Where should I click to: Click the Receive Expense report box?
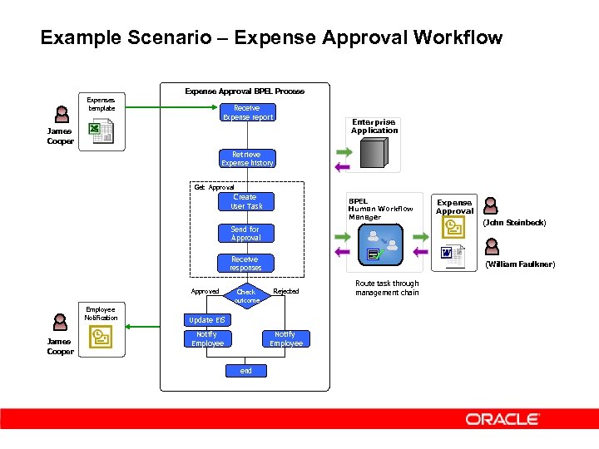(x=246, y=112)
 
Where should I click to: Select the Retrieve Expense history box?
(x=246, y=159)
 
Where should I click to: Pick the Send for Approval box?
(x=245, y=234)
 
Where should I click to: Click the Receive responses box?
(x=245, y=264)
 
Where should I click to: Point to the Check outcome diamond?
(x=246, y=293)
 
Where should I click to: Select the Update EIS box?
(x=206, y=320)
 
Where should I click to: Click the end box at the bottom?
(x=245, y=371)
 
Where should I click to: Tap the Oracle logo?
(x=502, y=419)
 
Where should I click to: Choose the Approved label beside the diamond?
(x=205, y=291)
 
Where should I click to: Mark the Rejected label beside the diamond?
(x=286, y=291)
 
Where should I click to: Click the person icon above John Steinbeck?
(x=492, y=205)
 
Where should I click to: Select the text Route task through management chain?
(x=387, y=288)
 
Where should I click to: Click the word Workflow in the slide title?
(x=454, y=37)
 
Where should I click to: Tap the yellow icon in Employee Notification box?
(x=101, y=337)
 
